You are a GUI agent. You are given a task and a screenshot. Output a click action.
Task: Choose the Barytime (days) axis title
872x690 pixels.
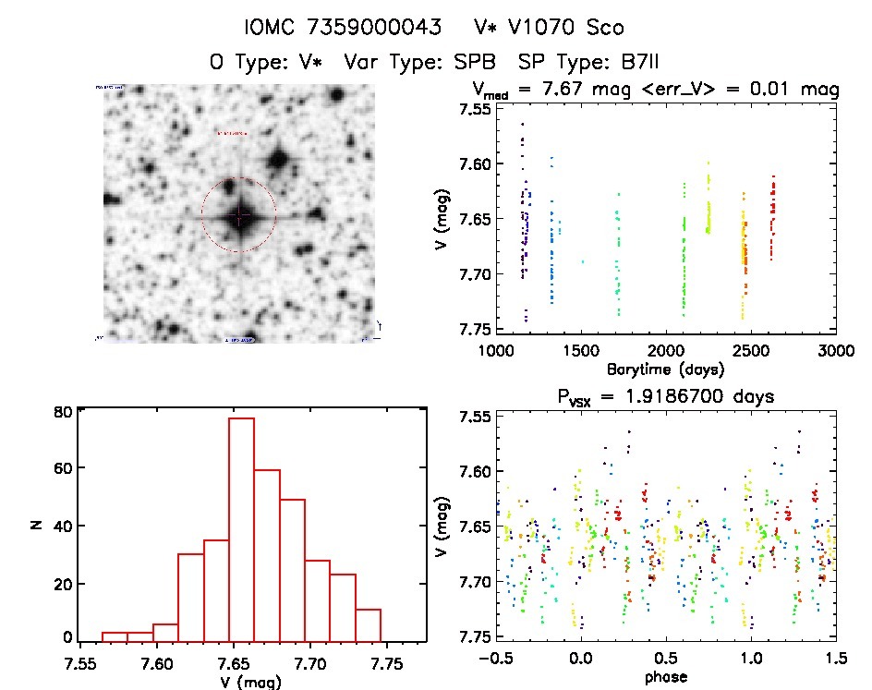click(665, 369)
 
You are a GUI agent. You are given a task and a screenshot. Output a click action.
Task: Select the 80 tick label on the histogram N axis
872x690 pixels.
click(64, 412)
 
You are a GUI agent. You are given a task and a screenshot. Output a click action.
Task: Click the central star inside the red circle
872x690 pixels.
click(238, 215)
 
